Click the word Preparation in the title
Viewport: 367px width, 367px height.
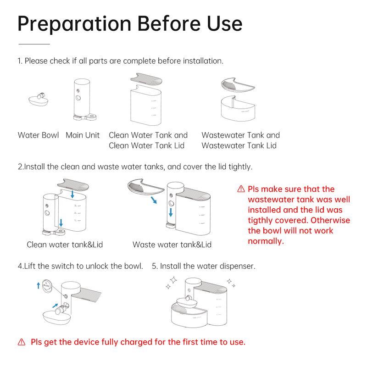pyautogui.click(x=74, y=24)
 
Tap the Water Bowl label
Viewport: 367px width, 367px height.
pyautogui.click(x=38, y=135)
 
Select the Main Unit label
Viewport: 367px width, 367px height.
pyautogui.click(x=83, y=135)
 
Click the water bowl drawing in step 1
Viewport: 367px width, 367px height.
pyautogui.click(x=39, y=99)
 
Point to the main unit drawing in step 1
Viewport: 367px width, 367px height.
pyautogui.click(x=83, y=100)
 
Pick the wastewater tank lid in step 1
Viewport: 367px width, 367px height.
pyautogui.click(x=237, y=84)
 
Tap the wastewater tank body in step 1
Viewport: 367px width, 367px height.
pyautogui.click(x=238, y=108)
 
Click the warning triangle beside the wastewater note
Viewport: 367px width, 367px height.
pyautogui.click(x=241, y=189)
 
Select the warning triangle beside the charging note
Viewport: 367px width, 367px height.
pyautogui.click(x=22, y=342)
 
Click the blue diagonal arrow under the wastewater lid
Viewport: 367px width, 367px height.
pyautogui.click(x=154, y=200)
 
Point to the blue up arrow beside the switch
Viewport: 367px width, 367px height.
pyautogui.click(x=39, y=285)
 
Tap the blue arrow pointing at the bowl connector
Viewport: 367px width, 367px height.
pyautogui.click(x=55, y=306)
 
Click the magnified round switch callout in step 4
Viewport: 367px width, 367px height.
pyautogui.click(x=47, y=285)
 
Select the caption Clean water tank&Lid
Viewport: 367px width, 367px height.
pyautogui.click(x=65, y=245)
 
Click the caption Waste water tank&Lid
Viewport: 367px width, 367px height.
pyautogui.click(x=172, y=245)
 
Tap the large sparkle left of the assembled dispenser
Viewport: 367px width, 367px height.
pyautogui.click(x=173, y=280)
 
